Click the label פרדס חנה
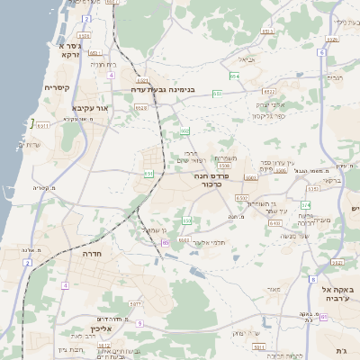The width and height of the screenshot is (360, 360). coord(238,181)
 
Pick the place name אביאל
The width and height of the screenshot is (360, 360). coord(247,60)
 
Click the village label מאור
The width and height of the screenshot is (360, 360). coord(274,290)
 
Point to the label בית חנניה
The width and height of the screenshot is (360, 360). coord(104,65)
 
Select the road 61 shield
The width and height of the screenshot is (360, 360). coord(322,319)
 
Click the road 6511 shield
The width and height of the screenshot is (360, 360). coord(42,126)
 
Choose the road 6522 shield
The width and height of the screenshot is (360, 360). coord(269,91)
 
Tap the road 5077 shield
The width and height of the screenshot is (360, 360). coord(136,304)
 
